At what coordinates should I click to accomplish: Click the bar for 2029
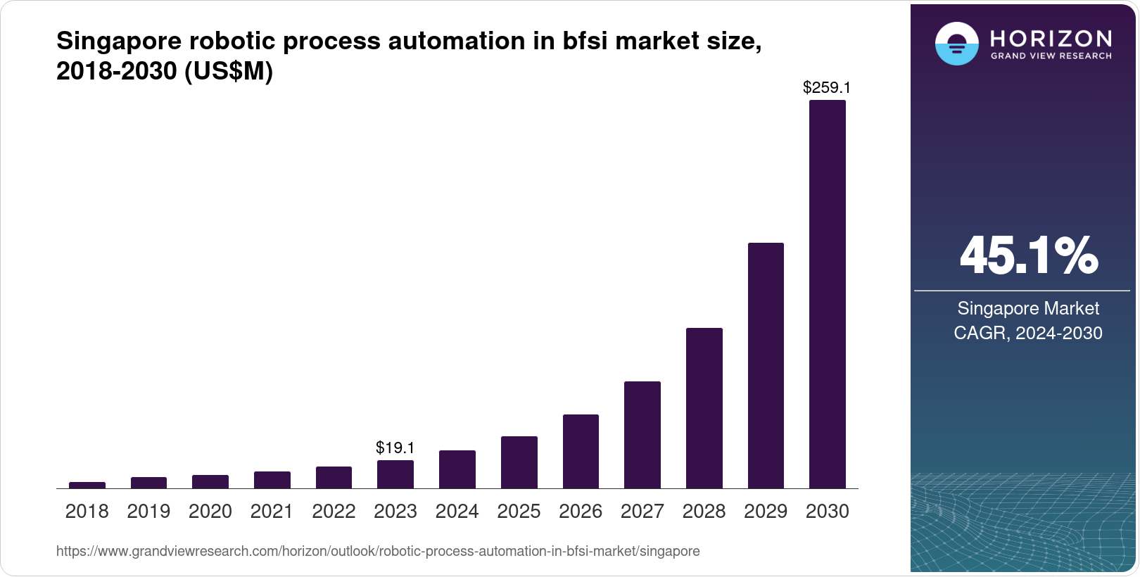click(x=766, y=365)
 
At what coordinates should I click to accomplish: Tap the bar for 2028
click(x=704, y=408)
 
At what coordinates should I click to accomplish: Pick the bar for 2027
click(x=642, y=435)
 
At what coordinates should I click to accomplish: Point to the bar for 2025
click(x=519, y=462)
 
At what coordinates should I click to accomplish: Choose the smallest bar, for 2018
click(x=87, y=485)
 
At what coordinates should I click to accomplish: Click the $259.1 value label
click(x=827, y=88)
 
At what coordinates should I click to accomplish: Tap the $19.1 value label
click(x=395, y=448)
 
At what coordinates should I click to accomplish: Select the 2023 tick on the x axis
click(x=395, y=512)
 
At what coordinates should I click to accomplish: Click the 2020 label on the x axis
click(x=210, y=512)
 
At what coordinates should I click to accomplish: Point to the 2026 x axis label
click(x=580, y=512)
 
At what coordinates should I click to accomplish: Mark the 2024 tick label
click(x=457, y=512)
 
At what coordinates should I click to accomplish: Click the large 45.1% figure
click(x=1028, y=255)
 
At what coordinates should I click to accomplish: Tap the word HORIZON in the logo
click(x=1051, y=38)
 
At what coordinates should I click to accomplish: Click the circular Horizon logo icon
click(x=956, y=44)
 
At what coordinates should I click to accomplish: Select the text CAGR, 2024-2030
click(x=1027, y=333)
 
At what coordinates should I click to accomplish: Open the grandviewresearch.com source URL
click(x=378, y=551)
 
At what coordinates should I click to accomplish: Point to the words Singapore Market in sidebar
click(x=1027, y=308)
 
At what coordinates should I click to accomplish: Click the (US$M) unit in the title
click(x=228, y=72)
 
